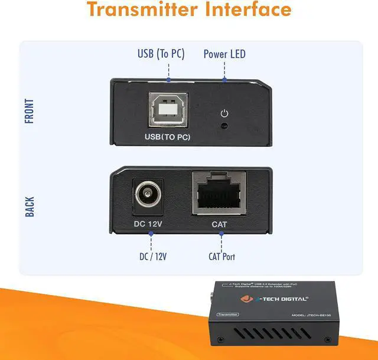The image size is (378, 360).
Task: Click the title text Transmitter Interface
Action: [189, 10]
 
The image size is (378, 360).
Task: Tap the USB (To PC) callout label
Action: [161, 54]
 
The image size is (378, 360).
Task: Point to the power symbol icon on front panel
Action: [224, 113]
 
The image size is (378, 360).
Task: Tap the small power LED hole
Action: [224, 125]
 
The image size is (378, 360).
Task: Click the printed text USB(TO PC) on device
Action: [169, 138]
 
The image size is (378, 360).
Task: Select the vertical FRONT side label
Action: [30, 111]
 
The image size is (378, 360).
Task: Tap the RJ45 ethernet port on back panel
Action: [220, 194]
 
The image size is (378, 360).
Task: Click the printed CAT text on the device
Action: [219, 225]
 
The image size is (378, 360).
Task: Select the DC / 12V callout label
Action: [153, 256]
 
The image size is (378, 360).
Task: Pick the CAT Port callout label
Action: [221, 256]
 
